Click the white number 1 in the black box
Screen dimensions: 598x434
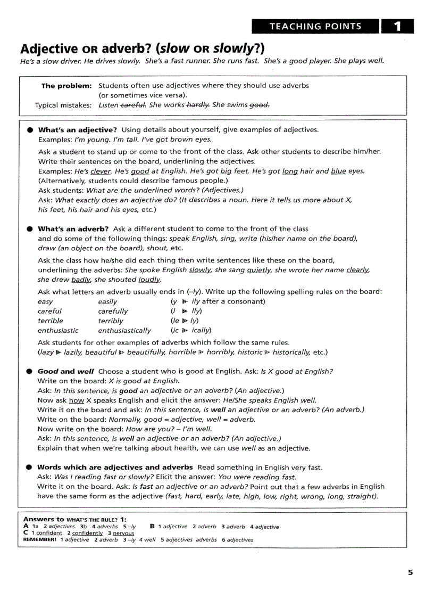tap(397, 26)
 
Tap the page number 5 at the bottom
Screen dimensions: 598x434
tap(410, 572)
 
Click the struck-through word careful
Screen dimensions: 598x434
tap(133, 105)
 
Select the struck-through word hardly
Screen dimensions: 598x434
tap(198, 105)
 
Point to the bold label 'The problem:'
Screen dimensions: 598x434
tap(66, 85)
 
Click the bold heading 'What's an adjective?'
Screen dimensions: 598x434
tap(77, 130)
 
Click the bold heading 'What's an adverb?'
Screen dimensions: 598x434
tap(73, 229)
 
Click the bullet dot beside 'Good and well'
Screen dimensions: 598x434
tap(30, 372)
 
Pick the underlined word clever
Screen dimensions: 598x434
tap(100, 171)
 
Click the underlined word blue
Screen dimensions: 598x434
tap(338, 171)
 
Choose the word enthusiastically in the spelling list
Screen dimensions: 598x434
tap(124, 331)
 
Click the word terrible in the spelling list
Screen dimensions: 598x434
tap(51, 321)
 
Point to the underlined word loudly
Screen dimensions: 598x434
tap(149, 280)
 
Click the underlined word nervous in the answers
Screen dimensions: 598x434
tap(123, 533)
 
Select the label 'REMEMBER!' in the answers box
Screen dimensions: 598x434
tap(40, 539)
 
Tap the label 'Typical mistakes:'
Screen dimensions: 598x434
tap(63, 105)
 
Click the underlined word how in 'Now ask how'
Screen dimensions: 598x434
tap(77, 400)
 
